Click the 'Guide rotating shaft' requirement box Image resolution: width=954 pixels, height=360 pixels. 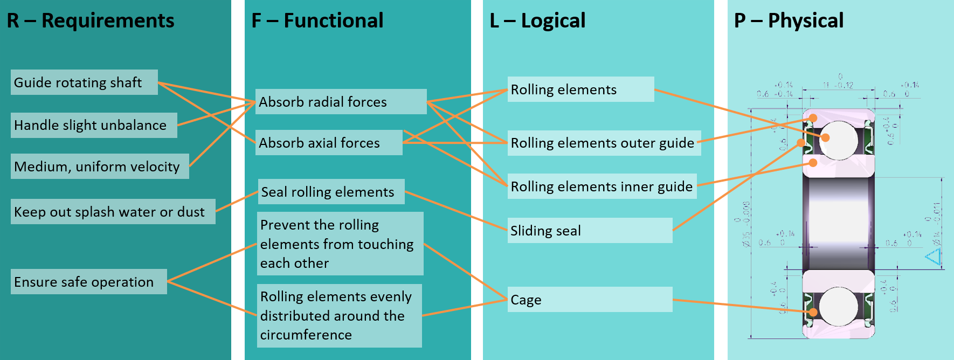click(84, 82)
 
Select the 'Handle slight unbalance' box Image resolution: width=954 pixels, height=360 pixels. click(94, 125)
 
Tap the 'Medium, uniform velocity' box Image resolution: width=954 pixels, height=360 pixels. click(100, 167)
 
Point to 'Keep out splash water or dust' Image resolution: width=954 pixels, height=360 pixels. click(113, 212)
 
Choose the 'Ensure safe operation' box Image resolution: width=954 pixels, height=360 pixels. click(88, 282)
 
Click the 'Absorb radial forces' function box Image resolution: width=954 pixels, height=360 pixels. click(341, 102)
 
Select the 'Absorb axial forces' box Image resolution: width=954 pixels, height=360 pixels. click(329, 143)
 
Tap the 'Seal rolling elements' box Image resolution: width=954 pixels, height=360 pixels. click(331, 192)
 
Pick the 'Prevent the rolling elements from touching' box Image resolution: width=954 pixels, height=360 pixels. click(340, 244)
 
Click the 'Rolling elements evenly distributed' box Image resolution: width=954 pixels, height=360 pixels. click(339, 316)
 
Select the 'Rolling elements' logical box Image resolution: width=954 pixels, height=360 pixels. click(580, 89)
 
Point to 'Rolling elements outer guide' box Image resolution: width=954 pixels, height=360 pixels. click(604, 143)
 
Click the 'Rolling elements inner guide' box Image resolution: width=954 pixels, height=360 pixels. click(602, 186)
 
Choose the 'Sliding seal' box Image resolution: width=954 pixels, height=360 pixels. click(590, 231)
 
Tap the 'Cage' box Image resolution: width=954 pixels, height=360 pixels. click(590, 300)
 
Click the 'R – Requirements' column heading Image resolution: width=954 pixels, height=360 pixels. click(91, 20)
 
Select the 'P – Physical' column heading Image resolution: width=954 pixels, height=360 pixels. click(789, 20)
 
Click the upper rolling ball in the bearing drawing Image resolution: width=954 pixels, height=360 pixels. click(839, 140)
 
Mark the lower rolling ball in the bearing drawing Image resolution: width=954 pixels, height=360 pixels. click(839, 306)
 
